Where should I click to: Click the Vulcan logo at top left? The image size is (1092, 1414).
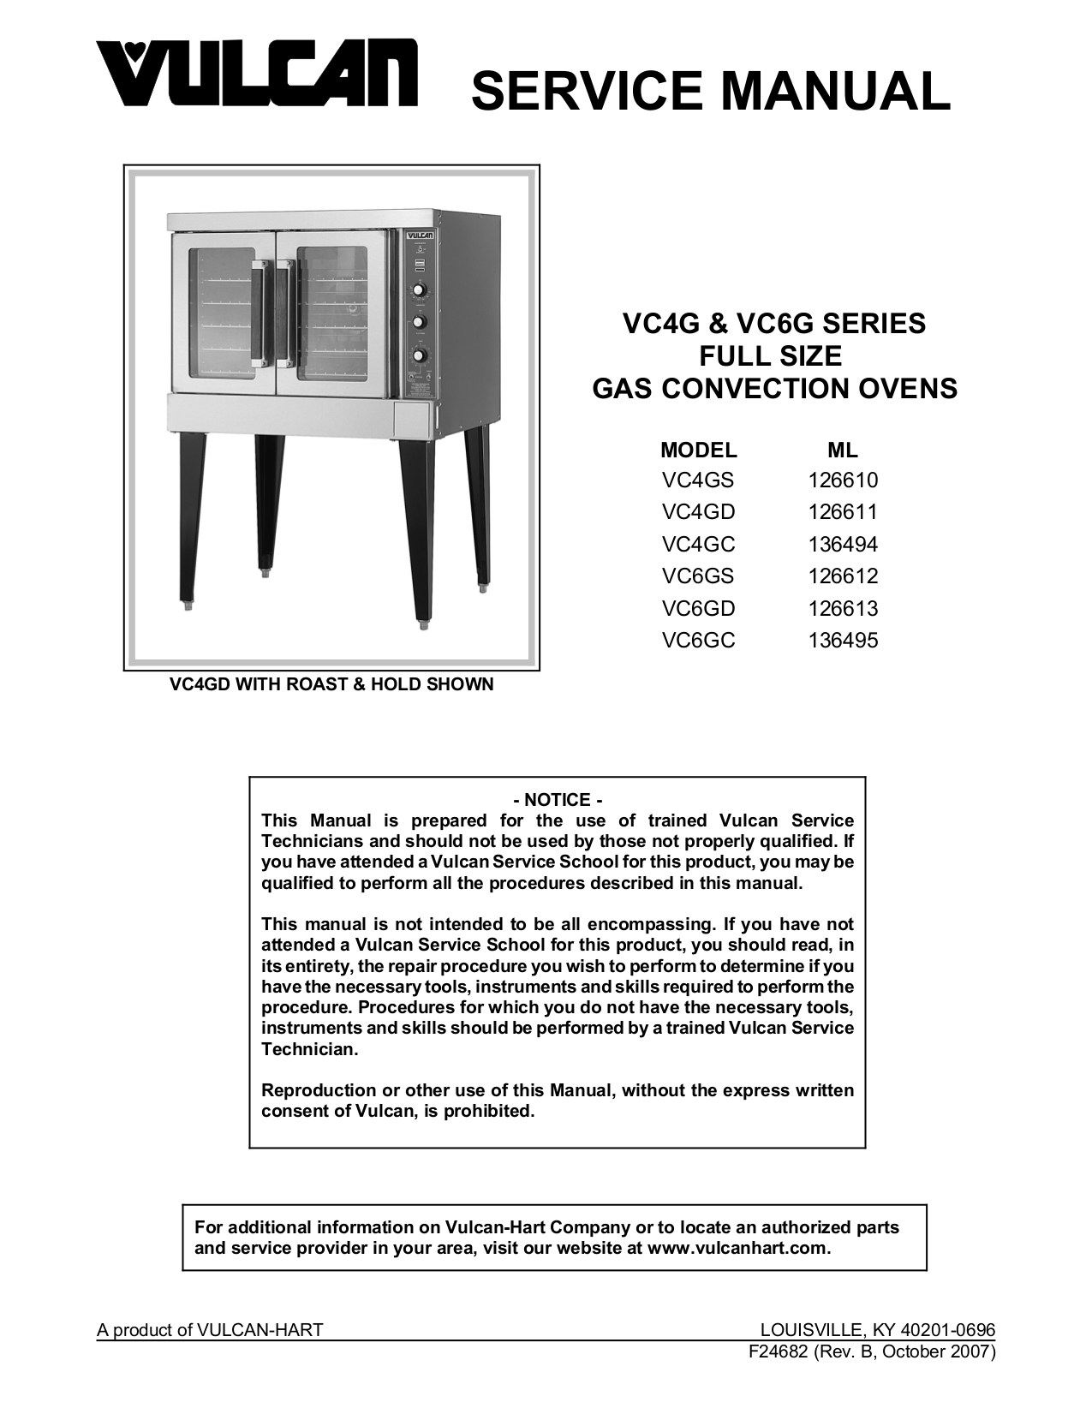[256, 75]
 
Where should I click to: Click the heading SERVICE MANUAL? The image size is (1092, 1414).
[710, 91]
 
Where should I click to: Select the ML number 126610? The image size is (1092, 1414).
[843, 480]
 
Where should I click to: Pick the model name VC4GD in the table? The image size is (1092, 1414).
[698, 512]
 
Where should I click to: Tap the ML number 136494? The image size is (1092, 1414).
[843, 545]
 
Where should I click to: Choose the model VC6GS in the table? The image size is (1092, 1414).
[698, 576]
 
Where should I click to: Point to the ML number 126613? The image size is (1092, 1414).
[843, 609]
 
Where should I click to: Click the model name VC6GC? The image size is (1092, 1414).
[698, 641]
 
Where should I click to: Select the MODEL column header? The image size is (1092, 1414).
[698, 450]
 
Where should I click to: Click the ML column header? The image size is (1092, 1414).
[843, 450]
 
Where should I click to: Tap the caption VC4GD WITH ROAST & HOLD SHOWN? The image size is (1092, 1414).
[331, 684]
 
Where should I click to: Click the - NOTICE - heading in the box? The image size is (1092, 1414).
[558, 800]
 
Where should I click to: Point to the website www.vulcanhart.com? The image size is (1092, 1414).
[738, 1248]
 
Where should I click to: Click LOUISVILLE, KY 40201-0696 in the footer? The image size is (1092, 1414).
[878, 1330]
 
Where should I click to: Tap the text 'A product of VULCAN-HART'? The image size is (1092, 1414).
[210, 1330]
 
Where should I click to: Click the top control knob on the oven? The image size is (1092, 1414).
[419, 289]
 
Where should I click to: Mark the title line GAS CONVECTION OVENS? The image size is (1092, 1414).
[774, 389]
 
